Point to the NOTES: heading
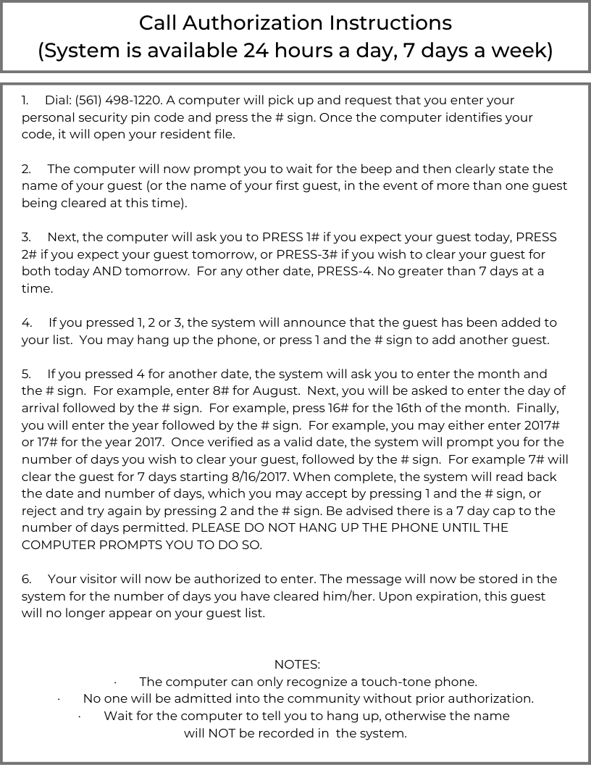(297, 664)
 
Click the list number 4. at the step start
(27, 322)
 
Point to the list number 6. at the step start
(27, 579)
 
